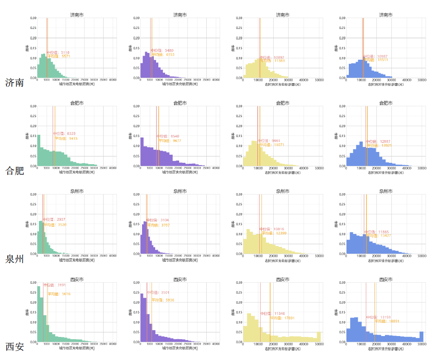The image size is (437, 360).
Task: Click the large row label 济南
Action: click(14, 83)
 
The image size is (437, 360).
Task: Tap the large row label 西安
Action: click(14, 347)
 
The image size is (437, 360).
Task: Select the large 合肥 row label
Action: click(14, 171)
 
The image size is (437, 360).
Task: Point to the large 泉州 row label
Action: click(14, 259)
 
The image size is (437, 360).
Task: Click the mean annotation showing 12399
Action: click(273, 233)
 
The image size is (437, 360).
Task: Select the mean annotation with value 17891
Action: click(282, 318)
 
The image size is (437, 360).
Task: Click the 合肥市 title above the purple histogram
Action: click(180, 103)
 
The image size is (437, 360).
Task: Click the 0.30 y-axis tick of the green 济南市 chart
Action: click(33, 18)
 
